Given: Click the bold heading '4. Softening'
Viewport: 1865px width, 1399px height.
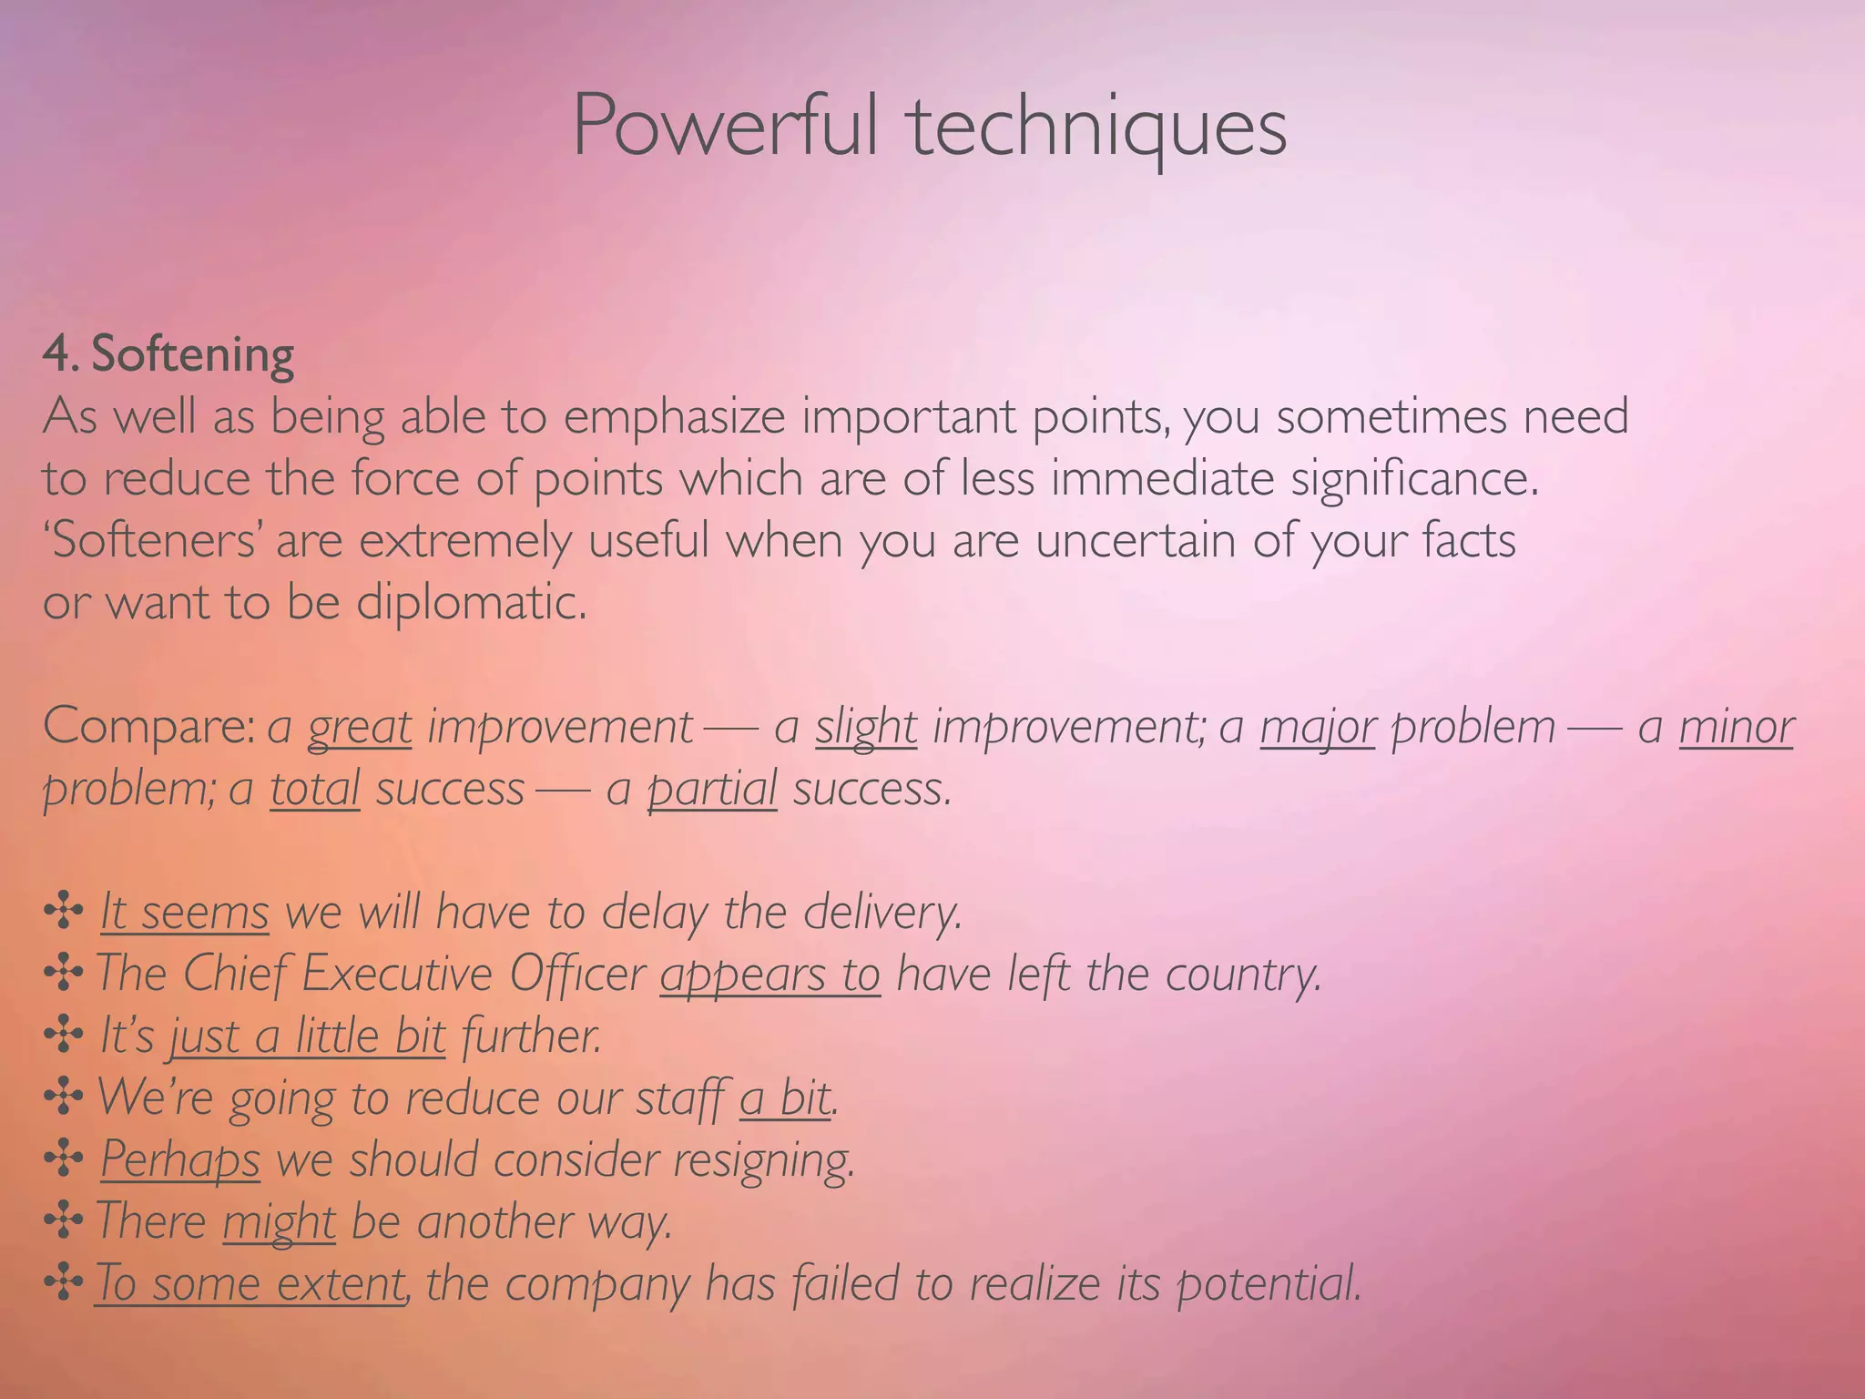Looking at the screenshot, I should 168,354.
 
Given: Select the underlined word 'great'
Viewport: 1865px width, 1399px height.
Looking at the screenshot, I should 360,728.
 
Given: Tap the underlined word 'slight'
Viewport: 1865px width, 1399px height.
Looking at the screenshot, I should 866,728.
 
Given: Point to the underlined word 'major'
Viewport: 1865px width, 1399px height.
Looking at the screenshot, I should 1318,728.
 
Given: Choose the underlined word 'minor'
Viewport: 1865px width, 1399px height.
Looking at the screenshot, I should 1736,728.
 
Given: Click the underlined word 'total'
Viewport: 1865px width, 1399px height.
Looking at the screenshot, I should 315,789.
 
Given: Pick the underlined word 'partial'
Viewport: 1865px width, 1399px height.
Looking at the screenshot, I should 712,789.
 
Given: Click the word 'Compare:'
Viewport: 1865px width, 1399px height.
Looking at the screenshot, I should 149,728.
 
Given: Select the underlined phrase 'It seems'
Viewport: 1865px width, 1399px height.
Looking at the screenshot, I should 185,913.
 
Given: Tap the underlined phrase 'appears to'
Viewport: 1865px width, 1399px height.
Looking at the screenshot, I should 770,975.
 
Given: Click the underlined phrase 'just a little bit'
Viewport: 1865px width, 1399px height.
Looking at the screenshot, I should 308,1036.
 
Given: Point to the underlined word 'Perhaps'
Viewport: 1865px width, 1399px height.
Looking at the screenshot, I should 180,1160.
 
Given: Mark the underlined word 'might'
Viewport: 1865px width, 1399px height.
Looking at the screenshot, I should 280,1222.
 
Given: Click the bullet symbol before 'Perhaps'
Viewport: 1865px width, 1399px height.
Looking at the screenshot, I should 64,1160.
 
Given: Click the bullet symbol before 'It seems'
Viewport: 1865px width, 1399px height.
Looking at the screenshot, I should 64,913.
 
